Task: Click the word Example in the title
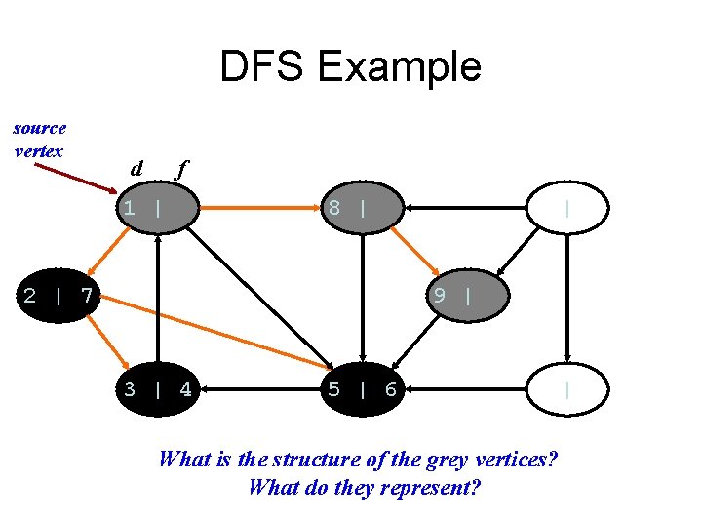[x=398, y=67]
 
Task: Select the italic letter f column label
[x=178, y=169]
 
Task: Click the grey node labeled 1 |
[x=156, y=207]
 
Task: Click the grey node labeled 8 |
[x=363, y=207]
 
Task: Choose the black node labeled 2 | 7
[x=58, y=295]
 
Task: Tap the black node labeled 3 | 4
[x=157, y=390]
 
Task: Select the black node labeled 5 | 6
[x=363, y=390]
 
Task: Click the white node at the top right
[x=567, y=207]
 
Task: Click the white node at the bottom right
[x=567, y=390]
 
